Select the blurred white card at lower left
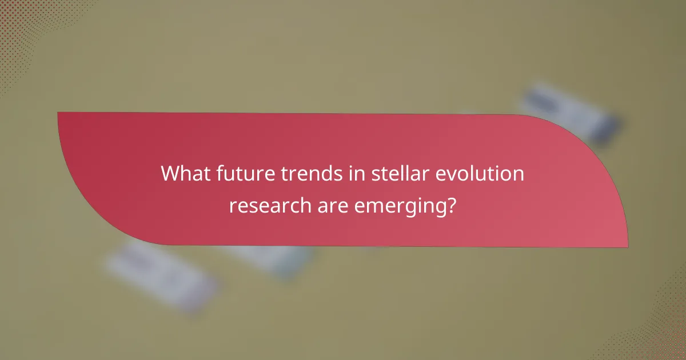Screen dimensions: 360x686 tap(160, 274)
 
